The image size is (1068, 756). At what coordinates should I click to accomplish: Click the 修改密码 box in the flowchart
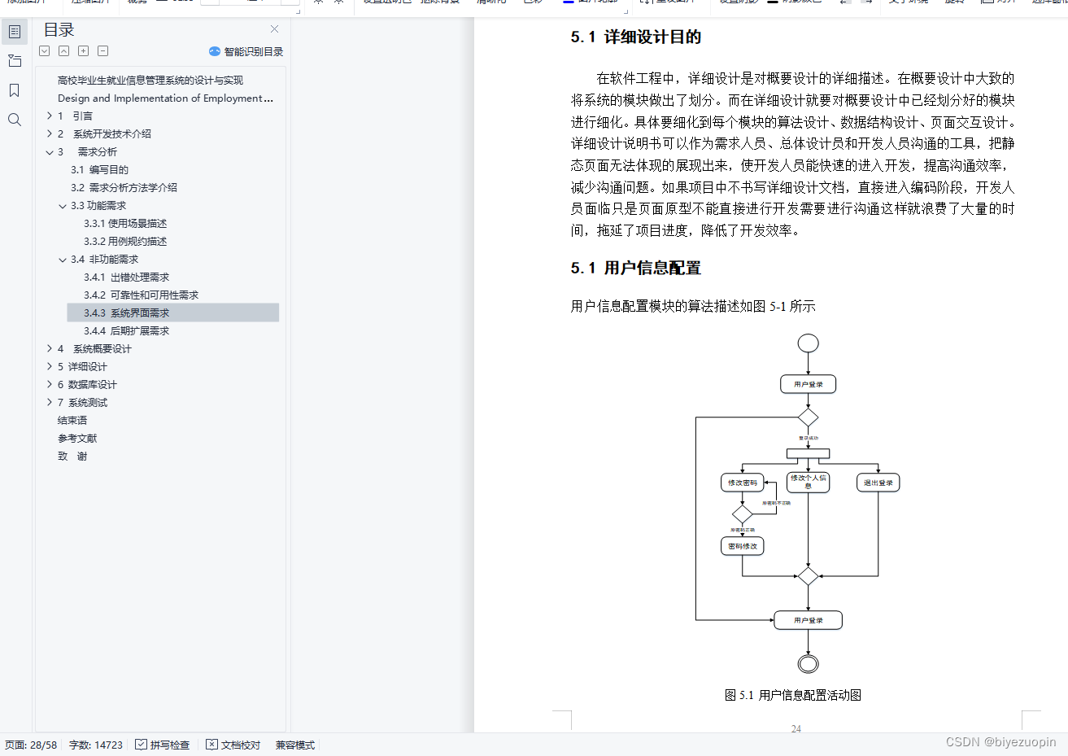[742, 483]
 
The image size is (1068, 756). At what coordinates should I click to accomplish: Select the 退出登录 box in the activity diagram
[878, 483]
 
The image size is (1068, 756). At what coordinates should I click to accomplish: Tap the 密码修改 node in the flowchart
[742, 546]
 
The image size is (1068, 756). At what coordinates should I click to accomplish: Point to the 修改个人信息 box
[808, 482]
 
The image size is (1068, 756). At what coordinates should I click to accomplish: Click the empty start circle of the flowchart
[808, 343]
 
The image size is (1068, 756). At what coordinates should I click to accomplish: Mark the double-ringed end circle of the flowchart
[808, 664]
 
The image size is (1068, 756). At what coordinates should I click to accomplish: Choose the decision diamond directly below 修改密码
[742, 514]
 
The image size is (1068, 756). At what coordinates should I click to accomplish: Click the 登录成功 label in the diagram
[808, 438]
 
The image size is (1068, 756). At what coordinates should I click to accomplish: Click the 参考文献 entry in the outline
[77, 438]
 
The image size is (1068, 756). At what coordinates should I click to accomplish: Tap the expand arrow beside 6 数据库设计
[50, 384]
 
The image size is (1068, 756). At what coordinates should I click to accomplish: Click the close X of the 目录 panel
[274, 29]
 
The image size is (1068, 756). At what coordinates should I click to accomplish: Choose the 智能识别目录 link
[253, 51]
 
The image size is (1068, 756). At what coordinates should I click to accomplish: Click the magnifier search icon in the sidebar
[14, 120]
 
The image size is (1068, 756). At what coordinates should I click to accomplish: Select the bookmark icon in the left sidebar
[14, 90]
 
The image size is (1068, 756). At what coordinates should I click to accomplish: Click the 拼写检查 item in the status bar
[163, 745]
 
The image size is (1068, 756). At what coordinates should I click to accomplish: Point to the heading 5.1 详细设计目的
[635, 37]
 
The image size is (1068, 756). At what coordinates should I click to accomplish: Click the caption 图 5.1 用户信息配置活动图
[792, 695]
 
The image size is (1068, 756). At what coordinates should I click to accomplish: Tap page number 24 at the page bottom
[796, 728]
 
